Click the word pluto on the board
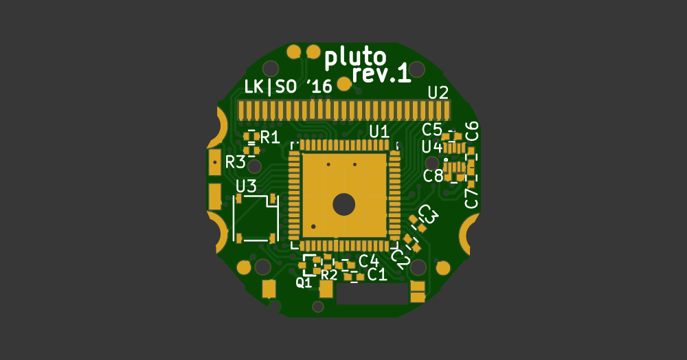pos(355,58)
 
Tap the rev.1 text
pos(381,74)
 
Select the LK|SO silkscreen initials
pos(270,87)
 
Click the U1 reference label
pos(379,131)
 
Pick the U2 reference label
pos(438,93)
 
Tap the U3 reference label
pos(246,187)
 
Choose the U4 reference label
pos(432,147)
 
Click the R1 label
pos(270,137)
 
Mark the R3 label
pos(236,162)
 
